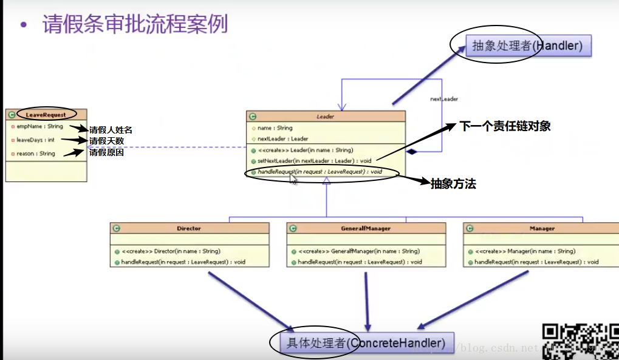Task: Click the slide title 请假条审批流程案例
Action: [x=135, y=25]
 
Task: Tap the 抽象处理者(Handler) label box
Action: [x=528, y=46]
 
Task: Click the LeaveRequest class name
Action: [x=46, y=114]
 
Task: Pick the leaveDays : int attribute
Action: [x=35, y=140]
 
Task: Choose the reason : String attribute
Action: [x=35, y=154]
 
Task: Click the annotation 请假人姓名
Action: [x=111, y=129]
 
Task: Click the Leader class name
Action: [x=326, y=116]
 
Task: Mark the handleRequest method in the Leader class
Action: [x=320, y=172]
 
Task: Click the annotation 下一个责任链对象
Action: [x=505, y=126]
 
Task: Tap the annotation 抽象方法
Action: [x=453, y=184]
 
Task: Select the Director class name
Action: [x=189, y=228]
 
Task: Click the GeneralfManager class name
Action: [x=366, y=228]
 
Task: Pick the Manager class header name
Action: [x=542, y=228]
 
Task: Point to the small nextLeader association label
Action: [x=444, y=99]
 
